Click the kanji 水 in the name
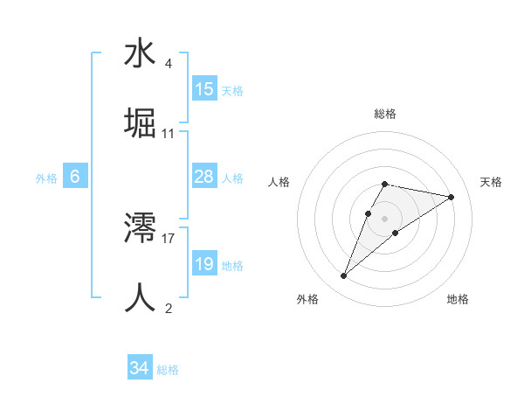[140, 53]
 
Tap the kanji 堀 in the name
[140, 123]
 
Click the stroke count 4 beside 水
[168, 64]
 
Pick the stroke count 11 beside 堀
[169, 134]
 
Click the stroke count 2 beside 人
[168, 308]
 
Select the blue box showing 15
[204, 89]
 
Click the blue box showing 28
[204, 177]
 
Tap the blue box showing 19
[204, 264]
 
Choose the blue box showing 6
[75, 177]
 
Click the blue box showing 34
[139, 369]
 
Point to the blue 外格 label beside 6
[46, 178]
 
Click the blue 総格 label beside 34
[168, 370]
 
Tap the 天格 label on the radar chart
[492, 182]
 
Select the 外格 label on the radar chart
[307, 299]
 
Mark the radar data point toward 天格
[452, 197]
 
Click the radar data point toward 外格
[344, 276]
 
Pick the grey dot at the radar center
[385, 218]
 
